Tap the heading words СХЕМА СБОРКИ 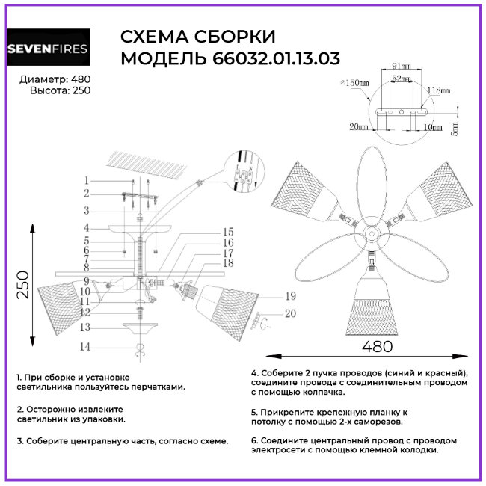click(x=198, y=37)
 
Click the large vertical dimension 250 click(x=22, y=282)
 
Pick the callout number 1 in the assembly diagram click(x=87, y=180)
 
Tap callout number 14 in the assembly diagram click(x=86, y=347)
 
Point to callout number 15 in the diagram click(x=228, y=232)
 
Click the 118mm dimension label click(x=438, y=90)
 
